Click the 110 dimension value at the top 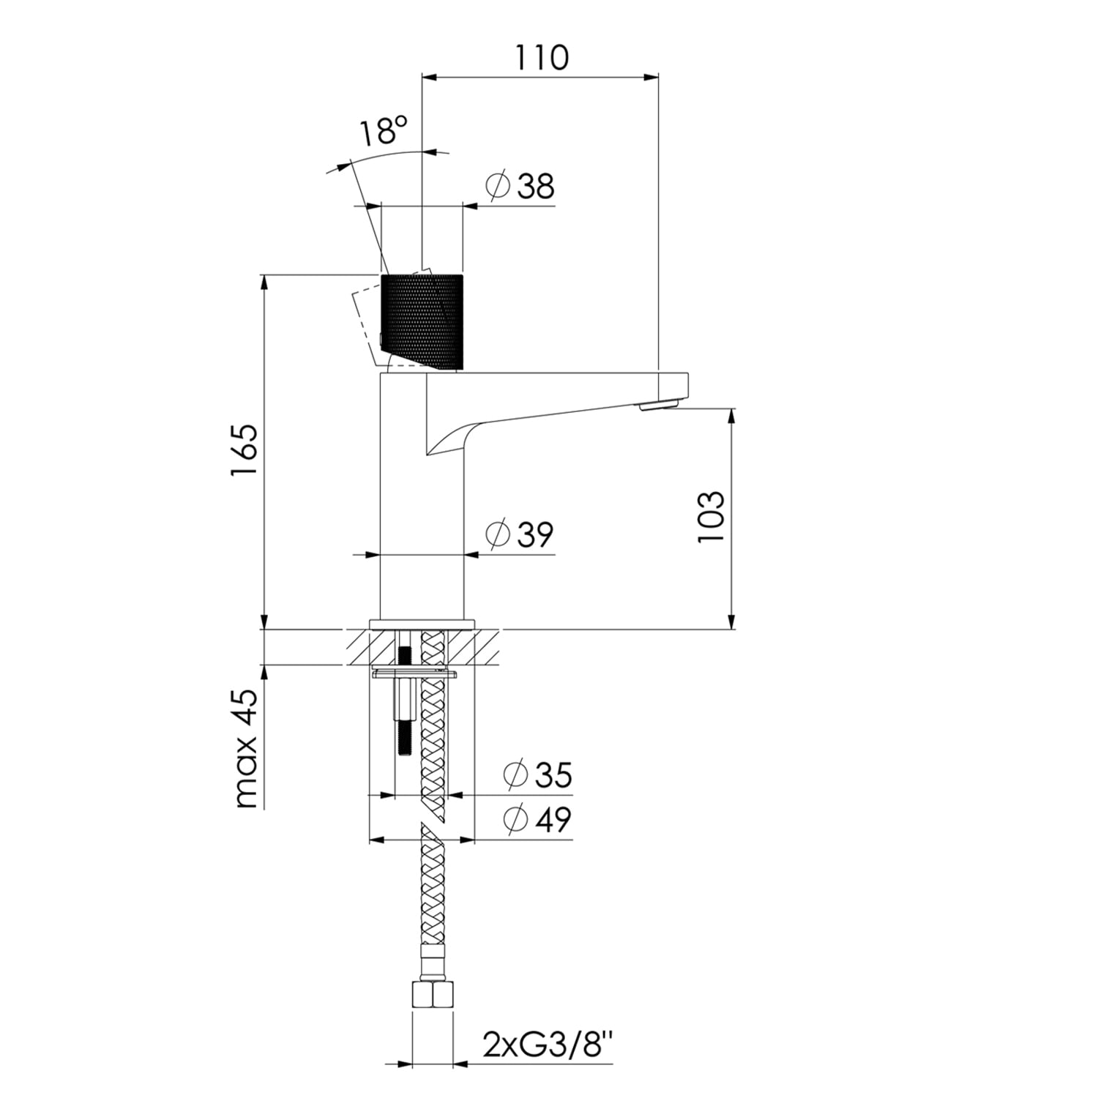(542, 57)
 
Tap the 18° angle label (382, 132)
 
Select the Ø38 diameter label (520, 186)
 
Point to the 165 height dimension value (244, 450)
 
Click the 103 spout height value (711, 517)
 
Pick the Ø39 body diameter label (520, 534)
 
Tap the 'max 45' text (246, 748)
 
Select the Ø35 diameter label (539, 774)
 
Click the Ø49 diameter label (539, 819)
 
